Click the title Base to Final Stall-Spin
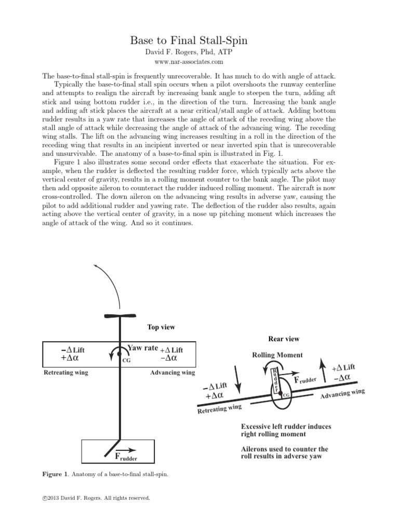pos(199,40)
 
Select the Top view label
pos(161,327)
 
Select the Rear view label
pos(283,339)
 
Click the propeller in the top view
pos(120,315)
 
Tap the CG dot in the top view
pos(120,355)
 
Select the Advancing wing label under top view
pos(172,373)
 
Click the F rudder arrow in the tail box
pos(126,451)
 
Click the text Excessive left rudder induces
pos(286,427)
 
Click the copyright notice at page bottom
pos(96,498)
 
